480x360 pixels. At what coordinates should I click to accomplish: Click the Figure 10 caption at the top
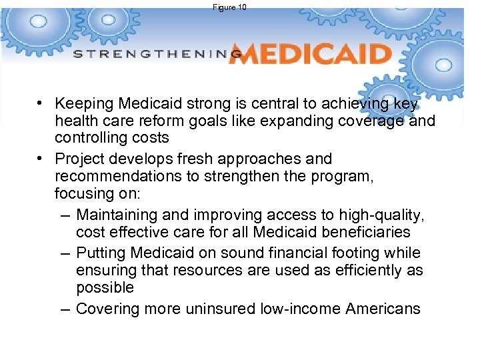pyautogui.click(x=230, y=7)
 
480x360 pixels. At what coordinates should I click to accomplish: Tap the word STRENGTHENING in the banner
pyautogui.click(x=157, y=54)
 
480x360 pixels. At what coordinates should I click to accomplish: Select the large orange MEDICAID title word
pyautogui.click(x=309, y=54)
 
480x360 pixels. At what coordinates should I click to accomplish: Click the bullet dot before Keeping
pyautogui.click(x=41, y=103)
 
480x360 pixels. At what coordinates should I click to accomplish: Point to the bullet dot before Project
pyautogui.click(x=41, y=159)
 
